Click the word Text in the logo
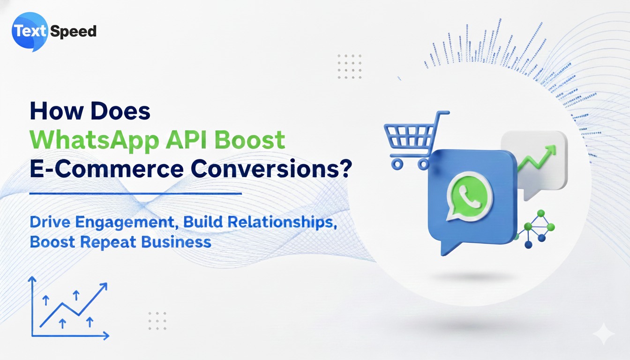point(30,31)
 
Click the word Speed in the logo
point(73,31)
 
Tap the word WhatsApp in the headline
point(95,141)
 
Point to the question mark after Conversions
point(345,168)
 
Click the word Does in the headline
point(120,111)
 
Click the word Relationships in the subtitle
point(282,222)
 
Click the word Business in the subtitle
point(176,242)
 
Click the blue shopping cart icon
point(416,140)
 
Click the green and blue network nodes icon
point(535,229)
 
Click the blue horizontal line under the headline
point(135,194)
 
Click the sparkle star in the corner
point(604,334)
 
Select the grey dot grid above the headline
point(350,67)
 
